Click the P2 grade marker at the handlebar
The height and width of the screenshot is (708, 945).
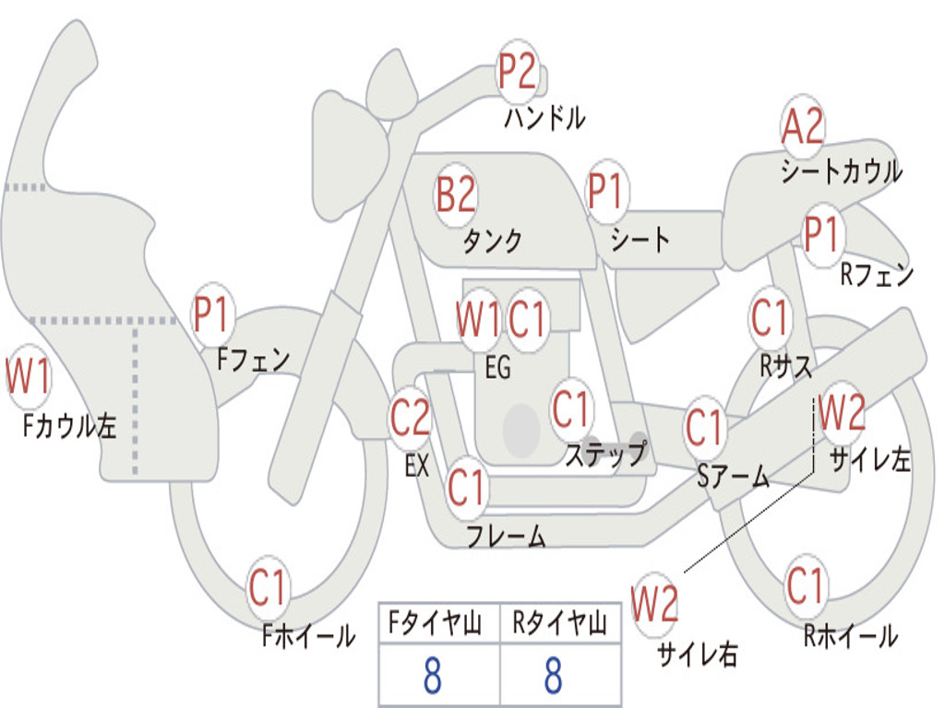coord(518,72)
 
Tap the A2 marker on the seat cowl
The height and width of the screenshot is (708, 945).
coord(803,126)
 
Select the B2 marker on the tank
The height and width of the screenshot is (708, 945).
coord(456,195)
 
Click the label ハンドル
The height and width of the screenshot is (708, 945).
coord(544,118)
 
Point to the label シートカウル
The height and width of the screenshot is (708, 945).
coord(841,171)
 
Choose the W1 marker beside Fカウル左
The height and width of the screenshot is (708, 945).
coord(29,377)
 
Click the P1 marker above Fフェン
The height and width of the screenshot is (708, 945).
coord(212,315)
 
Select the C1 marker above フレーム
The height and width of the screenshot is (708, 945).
coord(467,488)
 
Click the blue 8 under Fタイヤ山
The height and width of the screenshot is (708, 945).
coord(432,676)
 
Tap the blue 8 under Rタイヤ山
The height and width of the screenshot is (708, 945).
coord(553,676)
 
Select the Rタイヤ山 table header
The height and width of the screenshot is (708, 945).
coord(559,624)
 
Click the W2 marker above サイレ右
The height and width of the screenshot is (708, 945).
coord(654,605)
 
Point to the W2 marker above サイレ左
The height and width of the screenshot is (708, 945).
coord(842,413)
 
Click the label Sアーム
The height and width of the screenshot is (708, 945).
coord(734,476)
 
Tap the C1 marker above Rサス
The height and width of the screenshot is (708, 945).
coord(770,318)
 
